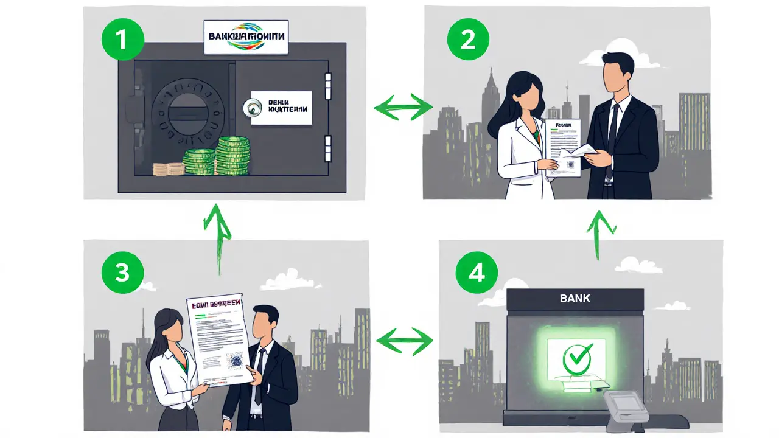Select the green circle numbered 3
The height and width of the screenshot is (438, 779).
click(x=122, y=273)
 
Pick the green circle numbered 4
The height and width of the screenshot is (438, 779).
click(x=477, y=273)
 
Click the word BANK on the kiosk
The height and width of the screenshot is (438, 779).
click(x=575, y=299)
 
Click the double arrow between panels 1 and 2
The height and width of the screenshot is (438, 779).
click(x=402, y=107)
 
